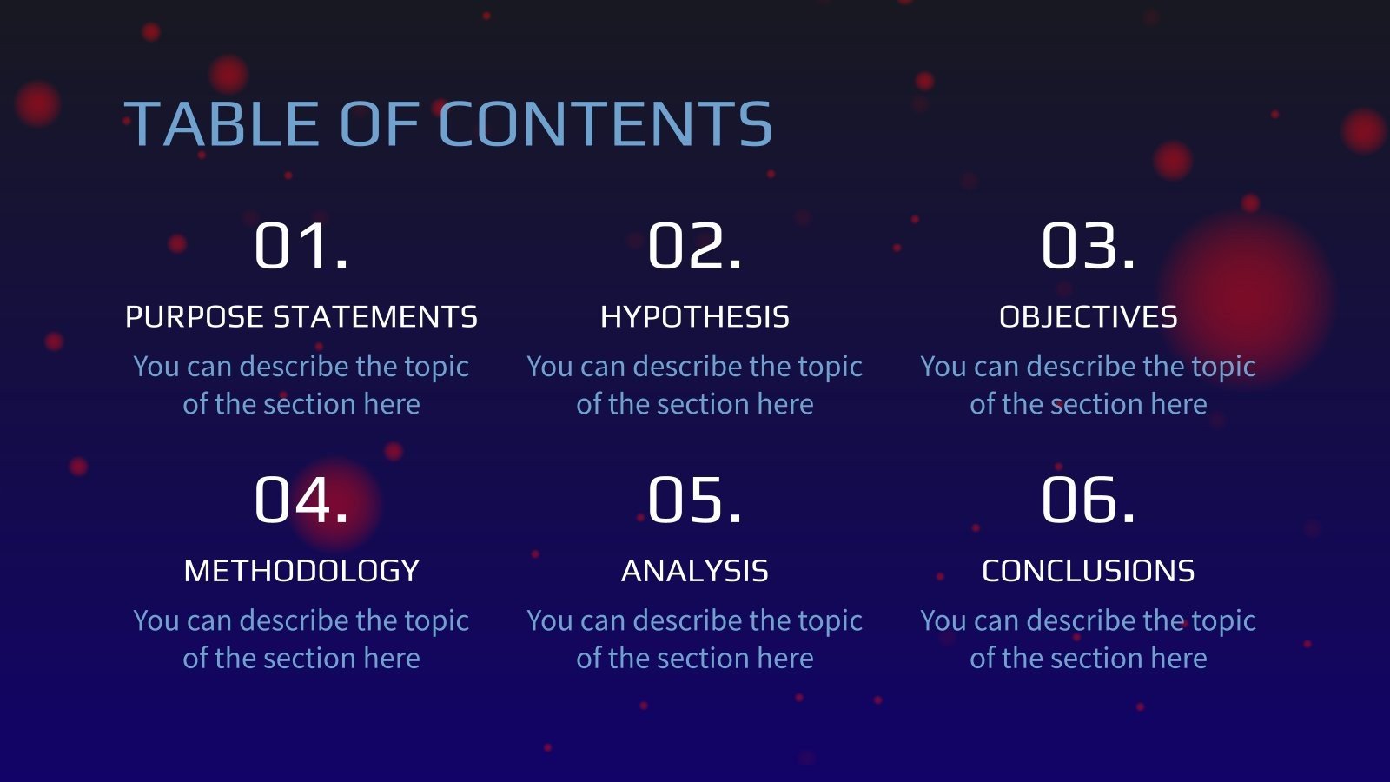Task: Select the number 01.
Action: coord(301,247)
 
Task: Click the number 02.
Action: coord(694,247)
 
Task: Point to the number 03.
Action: coord(1088,247)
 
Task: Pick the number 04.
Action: coord(301,500)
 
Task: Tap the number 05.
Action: coord(694,500)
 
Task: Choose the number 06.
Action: coord(1088,500)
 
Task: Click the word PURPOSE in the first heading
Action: coord(195,317)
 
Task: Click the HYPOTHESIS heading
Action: coord(694,317)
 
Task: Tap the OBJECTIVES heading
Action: coord(1088,317)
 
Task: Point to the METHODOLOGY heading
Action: coord(301,571)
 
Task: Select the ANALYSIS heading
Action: coord(694,571)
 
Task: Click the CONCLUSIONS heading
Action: coord(1088,571)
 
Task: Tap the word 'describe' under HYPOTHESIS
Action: coord(687,366)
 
